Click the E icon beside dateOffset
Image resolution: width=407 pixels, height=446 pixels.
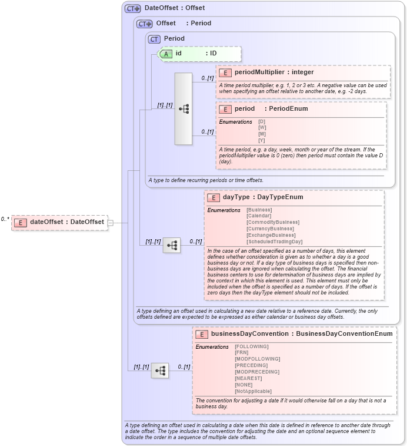pyautogui.click(x=21, y=222)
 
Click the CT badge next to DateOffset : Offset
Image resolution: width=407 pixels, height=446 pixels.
pyautogui.click(x=132, y=8)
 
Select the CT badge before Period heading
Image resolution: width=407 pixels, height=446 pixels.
pyautogui.click(x=154, y=39)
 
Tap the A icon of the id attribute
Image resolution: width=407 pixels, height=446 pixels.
pyautogui.click(x=166, y=54)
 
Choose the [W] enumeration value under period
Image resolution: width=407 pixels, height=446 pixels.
pyautogui.click(x=262, y=127)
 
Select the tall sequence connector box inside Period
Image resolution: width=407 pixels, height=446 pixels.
pyautogui.click(x=184, y=109)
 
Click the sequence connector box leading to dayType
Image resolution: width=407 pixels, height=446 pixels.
pyautogui.click(x=172, y=245)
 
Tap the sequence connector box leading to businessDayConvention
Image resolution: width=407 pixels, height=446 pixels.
pyautogui.click(x=160, y=370)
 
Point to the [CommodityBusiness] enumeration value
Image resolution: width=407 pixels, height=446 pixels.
pyautogui.click(x=272, y=222)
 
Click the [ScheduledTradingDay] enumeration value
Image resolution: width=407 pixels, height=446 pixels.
pyautogui.click(x=274, y=242)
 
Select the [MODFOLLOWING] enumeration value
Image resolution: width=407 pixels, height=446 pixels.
pyautogui.click(x=257, y=359)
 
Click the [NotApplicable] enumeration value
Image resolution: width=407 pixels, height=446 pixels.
pyautogui.click(x=253, y=391)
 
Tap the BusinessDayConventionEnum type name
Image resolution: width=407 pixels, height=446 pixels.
pyautogui.click(x=344, y=333)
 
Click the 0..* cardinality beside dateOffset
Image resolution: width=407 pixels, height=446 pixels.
pyautogui.click(x=5, y=219)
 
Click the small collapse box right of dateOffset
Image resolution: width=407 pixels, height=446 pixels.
pyautogui.click(x=110, y=223)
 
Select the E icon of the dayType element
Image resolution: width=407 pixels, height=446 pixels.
pyautogui.click(x=213, y=197)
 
